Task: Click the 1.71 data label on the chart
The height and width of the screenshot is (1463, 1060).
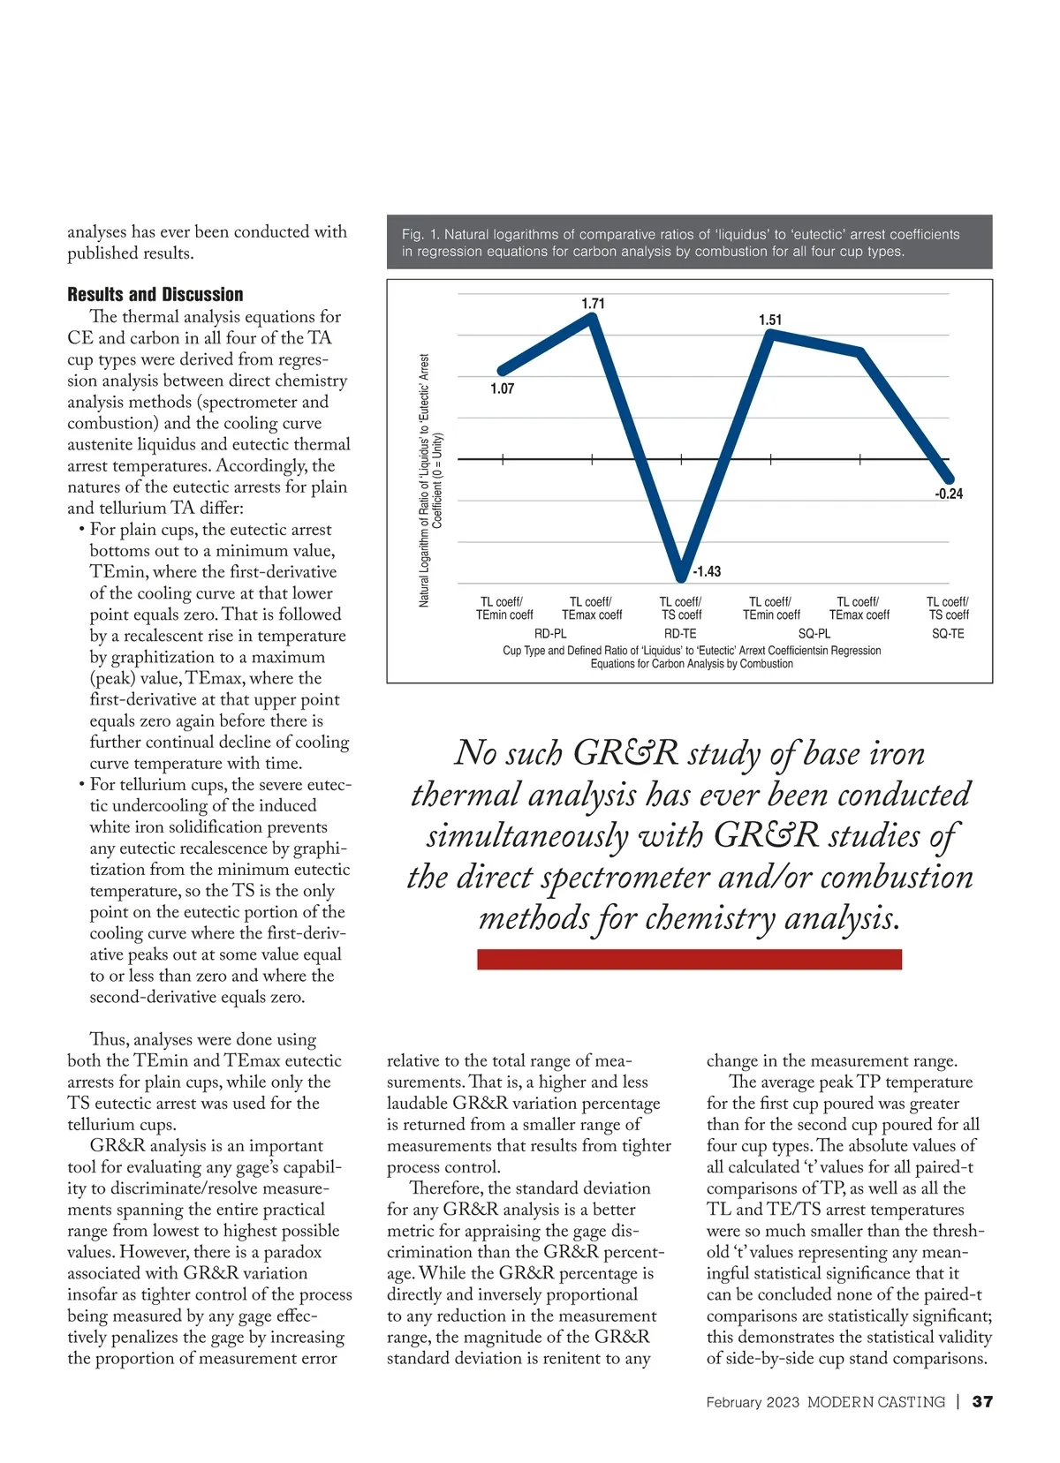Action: [x=593, y=304]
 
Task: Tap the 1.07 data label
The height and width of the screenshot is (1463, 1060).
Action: [x=502, y=388]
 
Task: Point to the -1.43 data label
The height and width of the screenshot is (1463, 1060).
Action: [x=707, y=571]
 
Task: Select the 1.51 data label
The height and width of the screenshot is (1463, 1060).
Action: [x=770, y=320]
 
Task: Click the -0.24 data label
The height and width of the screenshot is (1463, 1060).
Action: [x=949, y=494]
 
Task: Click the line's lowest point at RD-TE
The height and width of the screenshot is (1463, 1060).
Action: [x=680, y=577]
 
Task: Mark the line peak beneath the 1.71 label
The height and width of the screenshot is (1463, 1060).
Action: [x=594, y=318]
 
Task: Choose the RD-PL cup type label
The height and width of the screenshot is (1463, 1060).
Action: [x=550, y=634]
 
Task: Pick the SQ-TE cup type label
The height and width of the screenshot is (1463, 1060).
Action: [x=948, y=634]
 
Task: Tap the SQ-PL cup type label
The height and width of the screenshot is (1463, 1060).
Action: [x=814, y=634]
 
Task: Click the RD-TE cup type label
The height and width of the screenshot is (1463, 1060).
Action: [x=680, y=634]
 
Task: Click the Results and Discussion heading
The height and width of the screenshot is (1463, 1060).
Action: [x=155, y=295]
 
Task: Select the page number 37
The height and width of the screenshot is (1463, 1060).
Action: [x=982, y=1402]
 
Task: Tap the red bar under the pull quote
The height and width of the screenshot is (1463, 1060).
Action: [x=689, y=959]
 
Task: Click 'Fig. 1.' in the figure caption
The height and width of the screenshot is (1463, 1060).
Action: [x=420, y=235]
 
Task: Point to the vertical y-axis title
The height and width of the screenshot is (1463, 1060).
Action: [x=430, y=480]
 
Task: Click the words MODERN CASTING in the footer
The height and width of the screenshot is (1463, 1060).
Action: [x=875, y=1402]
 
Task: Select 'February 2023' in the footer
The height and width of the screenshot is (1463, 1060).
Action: [x=753, y=1402]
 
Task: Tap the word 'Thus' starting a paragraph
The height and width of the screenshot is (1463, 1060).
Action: [x=109, y=1040]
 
